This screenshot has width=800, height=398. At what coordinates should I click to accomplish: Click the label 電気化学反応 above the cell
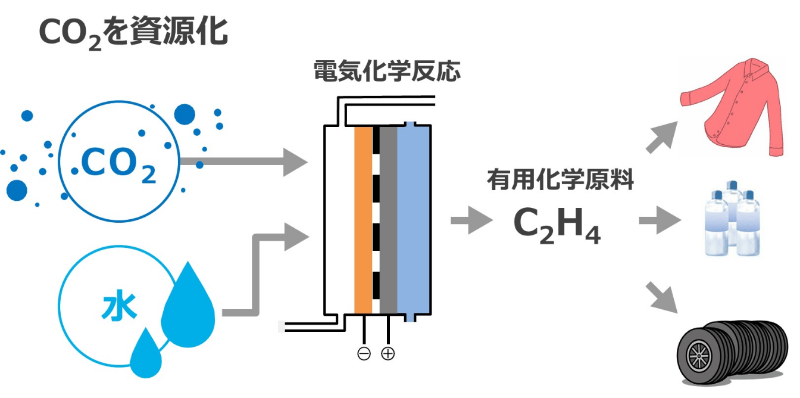(387, 72)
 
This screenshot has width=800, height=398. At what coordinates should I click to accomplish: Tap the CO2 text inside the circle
(118, 165)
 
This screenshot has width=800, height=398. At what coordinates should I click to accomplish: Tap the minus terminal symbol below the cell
(364, 354)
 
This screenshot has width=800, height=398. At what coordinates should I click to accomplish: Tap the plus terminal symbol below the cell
(387, 354)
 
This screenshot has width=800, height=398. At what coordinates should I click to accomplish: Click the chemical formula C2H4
(557, 224)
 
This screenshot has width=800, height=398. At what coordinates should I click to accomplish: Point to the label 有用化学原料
(560, 179)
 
